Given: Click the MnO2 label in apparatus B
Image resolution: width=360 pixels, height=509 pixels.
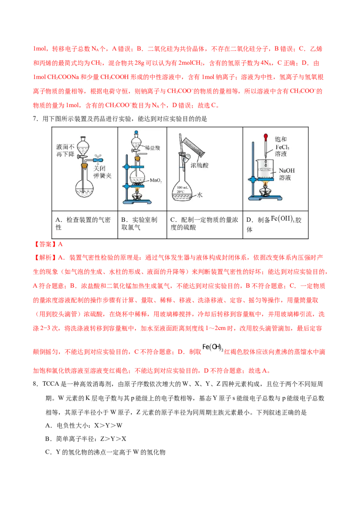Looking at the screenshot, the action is point(156,180).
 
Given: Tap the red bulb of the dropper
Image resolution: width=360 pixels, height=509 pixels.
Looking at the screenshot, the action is point(266,136).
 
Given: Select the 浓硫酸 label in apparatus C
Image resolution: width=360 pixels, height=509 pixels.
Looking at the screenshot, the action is point(199,165).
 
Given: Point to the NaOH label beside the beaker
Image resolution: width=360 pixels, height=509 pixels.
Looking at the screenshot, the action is point(287,171).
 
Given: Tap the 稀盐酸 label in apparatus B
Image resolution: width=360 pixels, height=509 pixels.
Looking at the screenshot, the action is point(153,147).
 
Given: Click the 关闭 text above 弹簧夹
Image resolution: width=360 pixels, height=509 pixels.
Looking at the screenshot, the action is point(99,169).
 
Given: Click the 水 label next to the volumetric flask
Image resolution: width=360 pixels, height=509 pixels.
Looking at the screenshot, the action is point(200,195).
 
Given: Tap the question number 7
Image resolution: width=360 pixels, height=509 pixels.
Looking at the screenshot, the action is point(36,119).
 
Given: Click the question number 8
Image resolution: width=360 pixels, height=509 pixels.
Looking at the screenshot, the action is point(36,384).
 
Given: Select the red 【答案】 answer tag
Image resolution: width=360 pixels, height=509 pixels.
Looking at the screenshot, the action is point(45,244).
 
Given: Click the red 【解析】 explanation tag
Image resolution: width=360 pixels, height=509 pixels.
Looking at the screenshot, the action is point(45,258).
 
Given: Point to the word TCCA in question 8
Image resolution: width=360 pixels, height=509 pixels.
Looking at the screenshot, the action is point(51,384).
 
